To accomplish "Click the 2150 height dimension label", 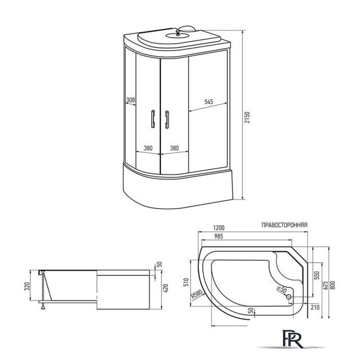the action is click(x=247, y=118).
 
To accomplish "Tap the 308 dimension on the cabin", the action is click(x=130, y=100).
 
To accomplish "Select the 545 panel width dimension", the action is click(x=209, y=101).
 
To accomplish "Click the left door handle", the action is click(x=152, y=119).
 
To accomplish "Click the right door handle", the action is click(x=167, y=120).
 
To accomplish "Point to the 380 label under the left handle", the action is click(x=148, y=148).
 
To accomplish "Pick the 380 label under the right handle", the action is click(x=174, y=148).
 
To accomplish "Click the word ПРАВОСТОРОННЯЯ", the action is click(x=285, y=225).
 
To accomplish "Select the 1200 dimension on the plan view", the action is click(x=219, y=228).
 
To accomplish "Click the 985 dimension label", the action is click(x=218, y=236).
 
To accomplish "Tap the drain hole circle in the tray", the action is click(x=289, y=296).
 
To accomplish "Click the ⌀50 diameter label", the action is click(x=282, y=289).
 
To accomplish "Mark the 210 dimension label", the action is click(x=315, y=307).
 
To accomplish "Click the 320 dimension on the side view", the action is click(x=27, y=286).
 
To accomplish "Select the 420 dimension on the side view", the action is click(x=166, y=289).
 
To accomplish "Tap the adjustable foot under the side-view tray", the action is click(x=43, y=306).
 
